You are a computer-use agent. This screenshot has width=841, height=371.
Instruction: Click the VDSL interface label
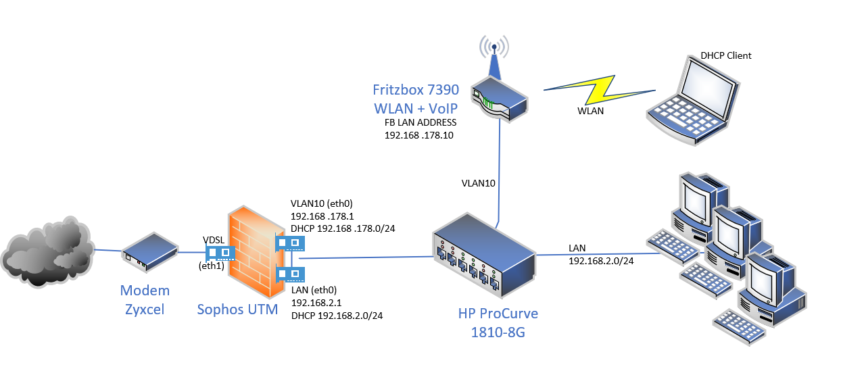pyautogui.click(x=214, y=240)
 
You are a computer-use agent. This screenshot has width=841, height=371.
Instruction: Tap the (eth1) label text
pyautogui.click(x=211, y=266)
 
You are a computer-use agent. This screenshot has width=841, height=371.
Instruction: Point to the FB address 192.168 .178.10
pyautogui.click(x=418, y=134)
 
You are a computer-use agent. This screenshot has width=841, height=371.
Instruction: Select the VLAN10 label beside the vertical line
pyautogui.click(x=479, y=182)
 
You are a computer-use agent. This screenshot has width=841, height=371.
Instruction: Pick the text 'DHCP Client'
pyautogui.click(x=726, y=55)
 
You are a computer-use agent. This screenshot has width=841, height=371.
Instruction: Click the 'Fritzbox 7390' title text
pyautogui.click(x=416, y=90)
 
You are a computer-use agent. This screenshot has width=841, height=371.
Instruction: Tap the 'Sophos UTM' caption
pyautogui.click(x=237, y=310)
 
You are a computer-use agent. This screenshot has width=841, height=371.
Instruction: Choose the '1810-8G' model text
pyautogui.click(x=498, y=331)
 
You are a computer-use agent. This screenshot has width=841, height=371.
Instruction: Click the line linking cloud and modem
pyautogui.click(x=107, y=251)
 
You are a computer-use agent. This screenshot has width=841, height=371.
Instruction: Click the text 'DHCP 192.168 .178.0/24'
pyautogui.click(x=343, y=228)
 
